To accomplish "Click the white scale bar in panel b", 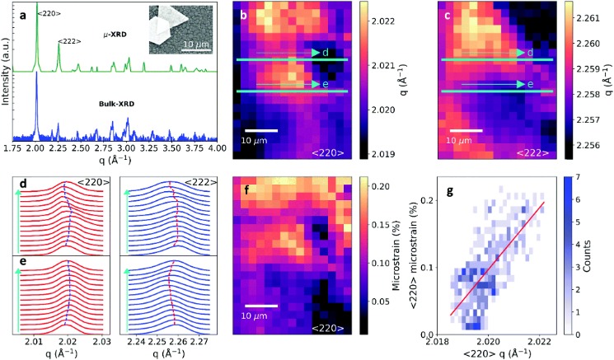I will coord(260,129).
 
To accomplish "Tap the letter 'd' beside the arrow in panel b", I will coord(326,53).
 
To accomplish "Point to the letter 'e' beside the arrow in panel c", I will coord(530,84).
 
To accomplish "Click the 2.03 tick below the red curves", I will coord(101,340).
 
